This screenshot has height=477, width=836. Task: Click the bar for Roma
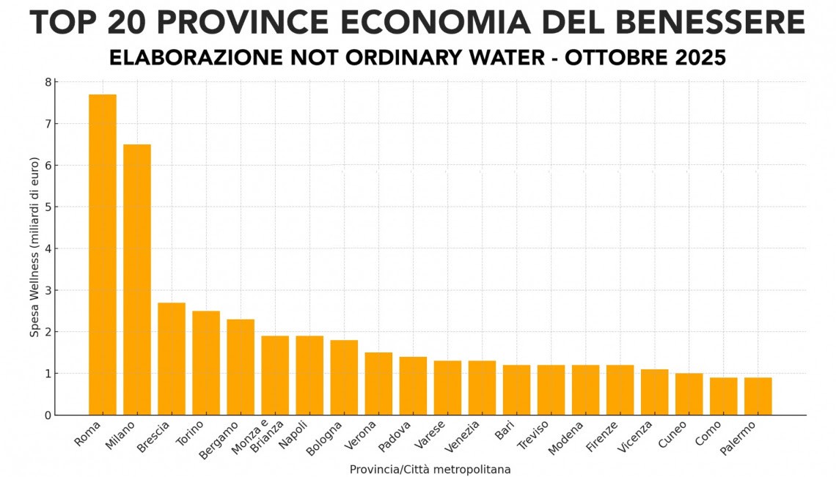point(103,254)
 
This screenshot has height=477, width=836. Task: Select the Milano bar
point(137,279)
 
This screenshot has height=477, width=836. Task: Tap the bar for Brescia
point(172,358)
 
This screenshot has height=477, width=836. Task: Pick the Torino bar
point(206,363)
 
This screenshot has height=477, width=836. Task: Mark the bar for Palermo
point(758,396)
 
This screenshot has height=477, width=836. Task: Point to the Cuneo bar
point(689,393)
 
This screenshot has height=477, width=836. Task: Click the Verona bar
point(378,383)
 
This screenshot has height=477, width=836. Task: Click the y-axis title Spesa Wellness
point(34,248)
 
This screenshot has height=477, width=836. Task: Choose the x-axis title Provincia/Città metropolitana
point(430,469)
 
